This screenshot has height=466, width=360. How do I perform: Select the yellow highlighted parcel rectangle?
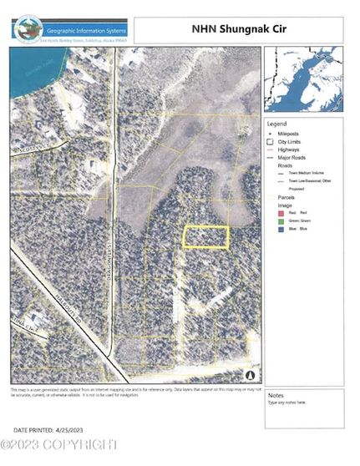pyautogui.click(x=205, y=237)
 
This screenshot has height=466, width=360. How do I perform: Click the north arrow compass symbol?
pyautogui.click(x=251, y=376)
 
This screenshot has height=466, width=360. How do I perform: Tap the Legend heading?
pyautogui.click(x=276, y=124)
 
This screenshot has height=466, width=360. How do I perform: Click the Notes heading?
pyautogui.click(x=276, y=395)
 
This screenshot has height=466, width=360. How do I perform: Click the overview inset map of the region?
pyautogui.click(x=303, y=79)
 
